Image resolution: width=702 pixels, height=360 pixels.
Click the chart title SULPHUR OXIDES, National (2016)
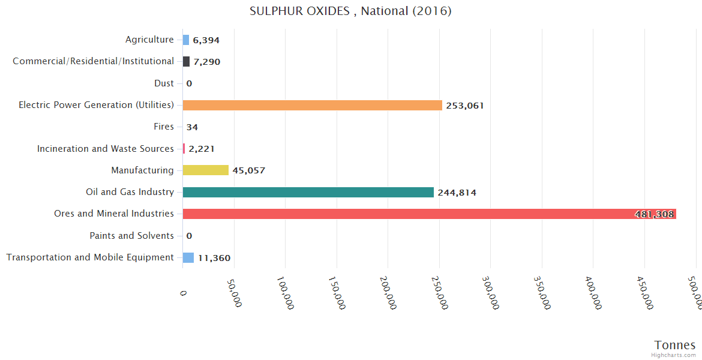coord(350,11)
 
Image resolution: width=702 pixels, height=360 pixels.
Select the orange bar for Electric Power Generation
coord(312,105)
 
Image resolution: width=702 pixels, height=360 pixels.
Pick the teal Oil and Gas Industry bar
coord(308,192)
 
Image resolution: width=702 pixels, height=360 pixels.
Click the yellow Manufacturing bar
coord(205,170)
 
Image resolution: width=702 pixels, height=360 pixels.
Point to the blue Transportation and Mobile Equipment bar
coord(188,257)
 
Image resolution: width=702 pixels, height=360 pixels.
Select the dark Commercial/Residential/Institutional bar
coord(186,61)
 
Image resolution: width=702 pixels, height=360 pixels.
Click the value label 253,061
coord(465,106)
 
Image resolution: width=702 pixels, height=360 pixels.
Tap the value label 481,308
coord(654,214)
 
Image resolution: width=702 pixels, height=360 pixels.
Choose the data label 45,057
coord(249,170)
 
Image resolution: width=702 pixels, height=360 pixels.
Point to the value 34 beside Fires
coord(192,127)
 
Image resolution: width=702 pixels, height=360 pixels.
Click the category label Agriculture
coord(149,40)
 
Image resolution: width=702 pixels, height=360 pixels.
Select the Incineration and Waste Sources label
coord(106,148)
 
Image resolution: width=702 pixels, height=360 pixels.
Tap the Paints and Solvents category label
coord(131,236)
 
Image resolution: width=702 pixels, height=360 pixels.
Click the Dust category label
coord(164,83)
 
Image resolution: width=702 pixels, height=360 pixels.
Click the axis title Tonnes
coord(675,345)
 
